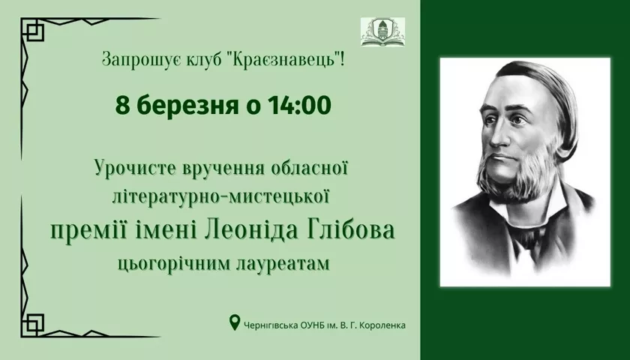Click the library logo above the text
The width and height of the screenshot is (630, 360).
point(382,31)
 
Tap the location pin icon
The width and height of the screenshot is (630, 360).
point(234,322)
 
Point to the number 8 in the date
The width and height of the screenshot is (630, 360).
point(122,106)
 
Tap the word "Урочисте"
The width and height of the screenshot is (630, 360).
point(136,168)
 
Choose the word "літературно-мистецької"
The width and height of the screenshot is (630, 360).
point(221,197)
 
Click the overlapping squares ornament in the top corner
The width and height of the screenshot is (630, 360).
point(32,30)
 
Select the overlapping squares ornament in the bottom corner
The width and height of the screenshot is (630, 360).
point(32,325)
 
